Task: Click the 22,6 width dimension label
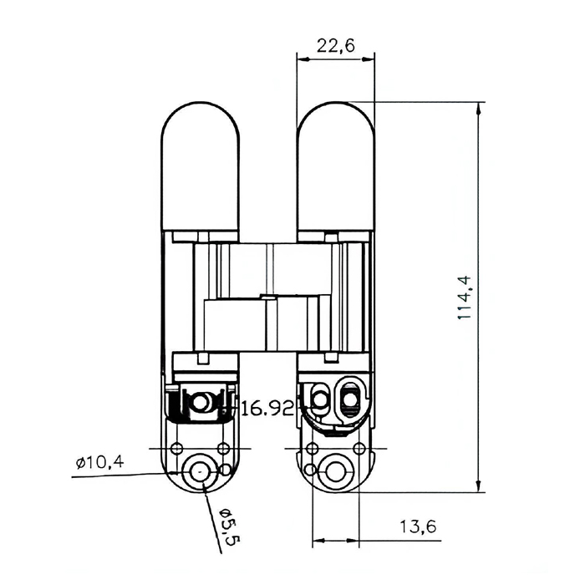(x=335, y=46)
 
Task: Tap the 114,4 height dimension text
(x=465, y=298)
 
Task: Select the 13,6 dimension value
(x=418, y=526)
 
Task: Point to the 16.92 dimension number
(x=267, y=409)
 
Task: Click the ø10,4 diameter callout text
(x=99, y=463)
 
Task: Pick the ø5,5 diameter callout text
(x=228, y=526)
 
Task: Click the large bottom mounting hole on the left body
(x=200, y=472)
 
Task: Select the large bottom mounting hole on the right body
(x=335, y=472)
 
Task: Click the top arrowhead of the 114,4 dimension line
(x=479, y=107)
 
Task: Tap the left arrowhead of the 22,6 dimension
(x=303, y=59)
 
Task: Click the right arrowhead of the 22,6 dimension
(x=369, y=59)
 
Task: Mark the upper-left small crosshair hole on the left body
(x=176, y=448)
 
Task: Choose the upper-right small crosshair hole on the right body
(x=359, y=448)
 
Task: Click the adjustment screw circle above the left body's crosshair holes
(x=201, y=403)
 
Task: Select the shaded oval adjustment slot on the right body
(x=349, y=400)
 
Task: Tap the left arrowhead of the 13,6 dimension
(x=318, y=540)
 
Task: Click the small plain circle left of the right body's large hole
(x=309, y=470)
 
